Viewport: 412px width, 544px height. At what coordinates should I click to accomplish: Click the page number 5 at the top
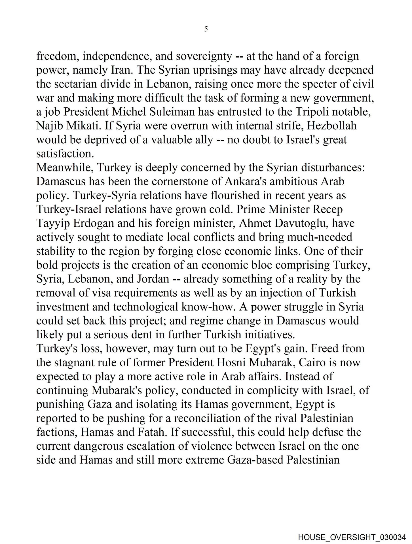point(206,29)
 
